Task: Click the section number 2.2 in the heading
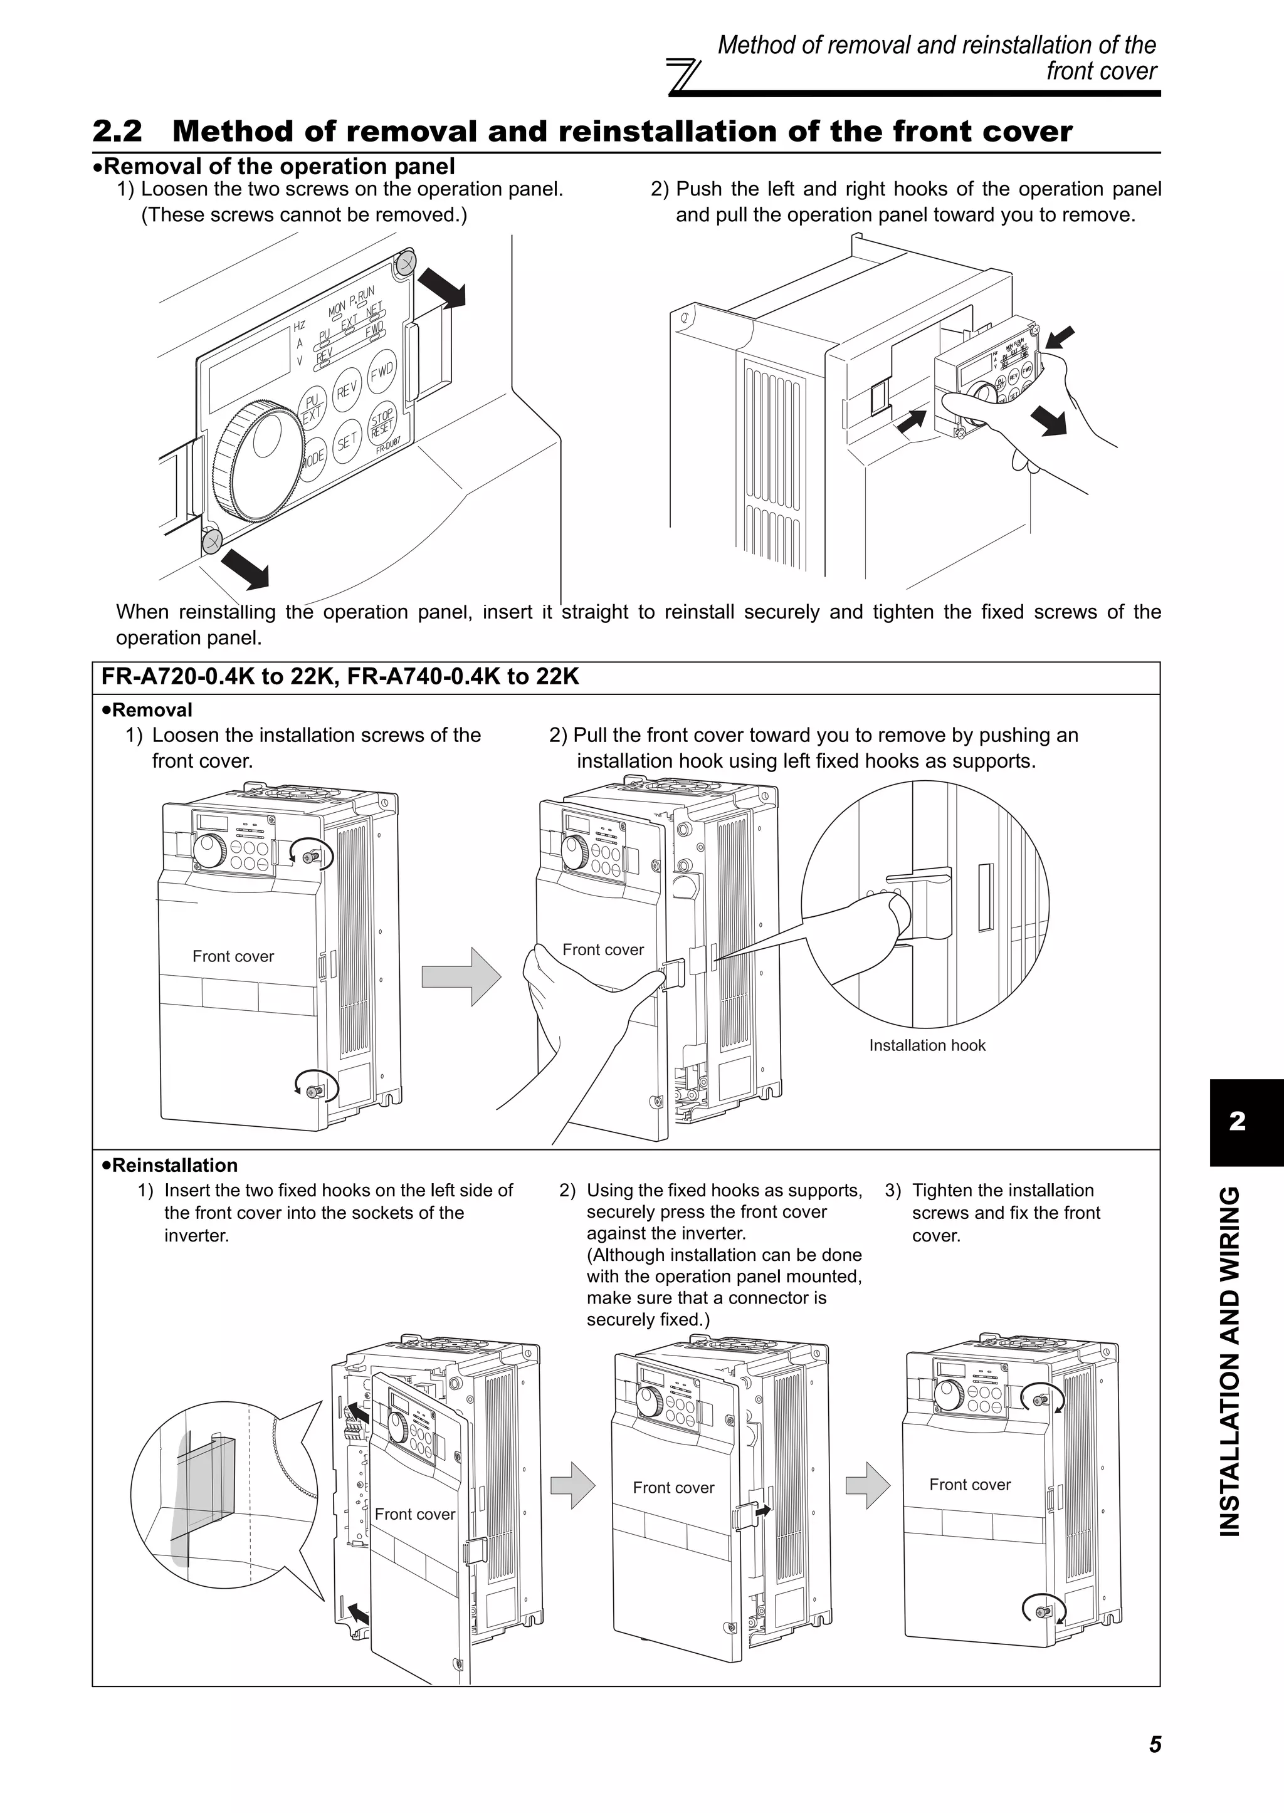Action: pos(117,131)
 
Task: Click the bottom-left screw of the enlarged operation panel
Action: pos(212,541)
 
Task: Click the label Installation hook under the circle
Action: pos(927,1045)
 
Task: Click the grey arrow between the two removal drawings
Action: pos(461,977)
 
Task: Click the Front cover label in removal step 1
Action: pos(233,956)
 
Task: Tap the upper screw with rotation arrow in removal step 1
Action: pos(313,854)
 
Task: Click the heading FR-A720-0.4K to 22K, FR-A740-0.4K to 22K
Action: pos(340,677)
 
